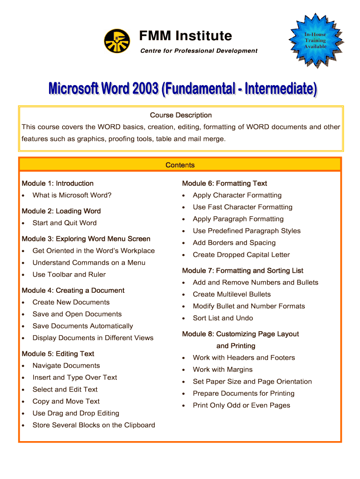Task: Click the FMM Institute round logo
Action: pos(117,41)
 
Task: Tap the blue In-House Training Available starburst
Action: pos(315,40)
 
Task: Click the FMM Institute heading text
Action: pos(186,36)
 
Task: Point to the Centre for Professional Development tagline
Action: pos(199,51)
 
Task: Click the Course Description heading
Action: pos(180,115)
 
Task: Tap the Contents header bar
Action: pos(180,165)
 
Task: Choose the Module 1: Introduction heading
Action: pos(58,183)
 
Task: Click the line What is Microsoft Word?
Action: pos(72,195)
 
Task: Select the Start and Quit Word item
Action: pos(65,223)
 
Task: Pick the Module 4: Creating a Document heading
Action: pos(73,290)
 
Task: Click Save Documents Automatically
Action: pos(83,326)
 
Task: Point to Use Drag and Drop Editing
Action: pos(76,413)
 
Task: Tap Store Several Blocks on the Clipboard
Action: pos(94,425)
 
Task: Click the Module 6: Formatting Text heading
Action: pos(224,183)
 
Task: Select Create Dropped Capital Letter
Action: pos(241,254)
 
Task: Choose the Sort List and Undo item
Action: pos(223,318)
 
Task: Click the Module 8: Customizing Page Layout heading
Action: pos(240,334)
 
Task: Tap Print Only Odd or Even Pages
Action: pos(241,405)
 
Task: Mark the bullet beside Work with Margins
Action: pos(184,370)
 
